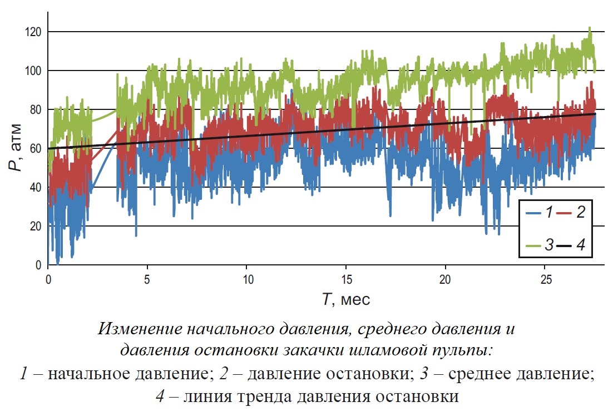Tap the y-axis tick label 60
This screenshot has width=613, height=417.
tap(36, 148)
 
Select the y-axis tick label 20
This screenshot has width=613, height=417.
tap(36, 226)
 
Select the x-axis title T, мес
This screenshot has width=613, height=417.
tap(345, 300)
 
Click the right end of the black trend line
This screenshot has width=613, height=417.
tap(595, 113)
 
